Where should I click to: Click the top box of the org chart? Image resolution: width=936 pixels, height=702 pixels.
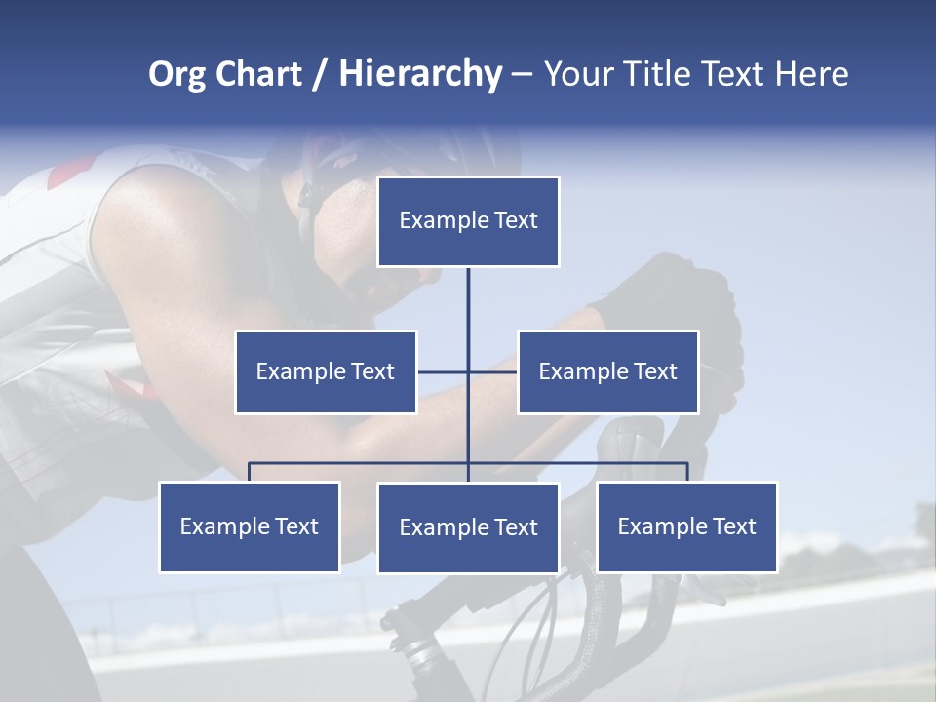click(x=468, y=221)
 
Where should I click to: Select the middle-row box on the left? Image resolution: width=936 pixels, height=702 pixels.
click(x=326, y=371)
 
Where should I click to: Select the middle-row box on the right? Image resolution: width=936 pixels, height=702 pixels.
click(x=607, y=371)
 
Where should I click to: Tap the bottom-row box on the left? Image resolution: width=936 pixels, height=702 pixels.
click(x=250, y=526)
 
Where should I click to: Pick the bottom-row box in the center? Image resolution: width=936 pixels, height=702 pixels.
click(x=468, y=527)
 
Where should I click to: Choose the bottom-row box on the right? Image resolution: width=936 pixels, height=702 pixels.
click(x=686, y=526)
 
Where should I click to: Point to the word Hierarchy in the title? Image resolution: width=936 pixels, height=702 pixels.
click(x=420, y=74)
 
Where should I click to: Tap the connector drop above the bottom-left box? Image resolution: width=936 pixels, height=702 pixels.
click(x=250, y=472)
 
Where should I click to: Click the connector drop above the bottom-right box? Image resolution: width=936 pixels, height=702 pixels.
click(x=686, y=472)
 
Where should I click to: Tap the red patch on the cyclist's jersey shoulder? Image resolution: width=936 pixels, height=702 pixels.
click(x=70, y=174)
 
